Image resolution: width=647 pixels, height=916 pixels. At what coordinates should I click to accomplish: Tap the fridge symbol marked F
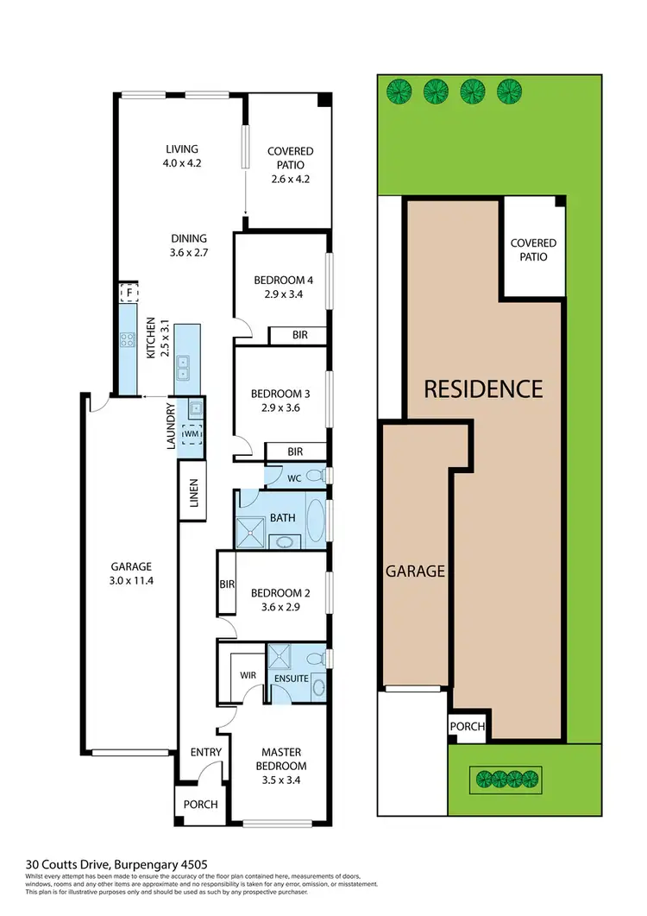[x=129, y=294]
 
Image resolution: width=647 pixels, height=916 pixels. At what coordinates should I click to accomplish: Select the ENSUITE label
[x=290, y=679]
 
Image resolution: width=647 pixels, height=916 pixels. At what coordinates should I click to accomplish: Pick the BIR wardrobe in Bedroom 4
[x=297, y=335]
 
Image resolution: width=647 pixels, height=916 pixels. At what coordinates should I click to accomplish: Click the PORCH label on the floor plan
[x=200, y=804]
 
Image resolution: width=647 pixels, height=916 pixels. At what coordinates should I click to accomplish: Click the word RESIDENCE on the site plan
[x=483, y=389]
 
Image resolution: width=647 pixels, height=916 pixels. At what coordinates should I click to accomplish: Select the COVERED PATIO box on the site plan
[x=533, y=250]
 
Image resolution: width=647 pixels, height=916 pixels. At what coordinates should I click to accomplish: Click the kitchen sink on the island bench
[x=184, y=369]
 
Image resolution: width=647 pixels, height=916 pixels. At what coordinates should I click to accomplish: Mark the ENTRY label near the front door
[x=205, y=753]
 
